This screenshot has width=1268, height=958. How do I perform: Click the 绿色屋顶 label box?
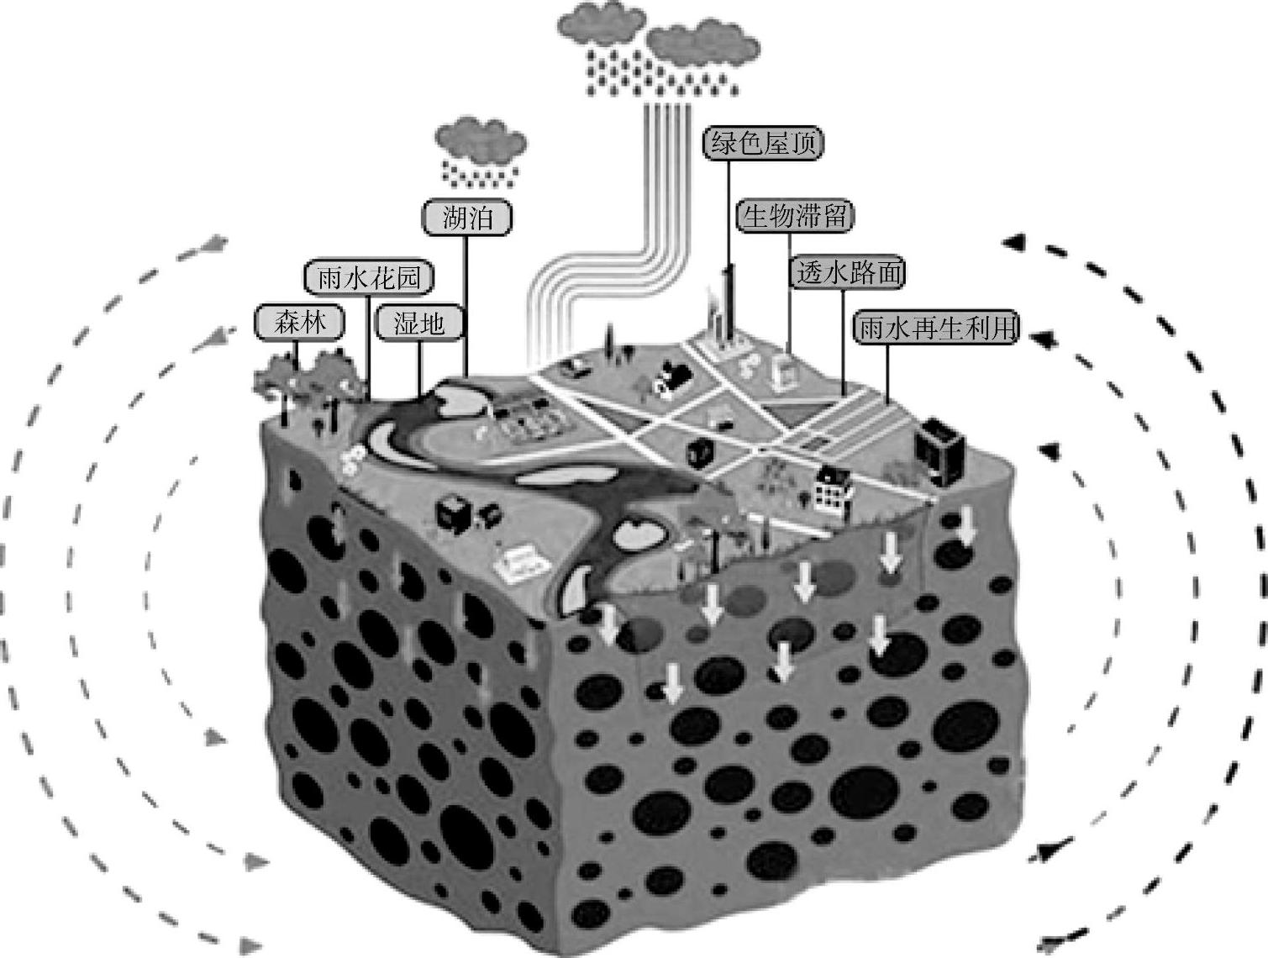pos(762,143)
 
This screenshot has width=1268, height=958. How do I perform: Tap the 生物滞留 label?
pos(794,217)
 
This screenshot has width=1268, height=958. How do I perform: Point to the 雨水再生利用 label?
pos(936,328)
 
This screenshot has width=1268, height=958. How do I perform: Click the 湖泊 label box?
pos(467,218)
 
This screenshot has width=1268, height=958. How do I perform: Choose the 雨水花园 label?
pos(369,277)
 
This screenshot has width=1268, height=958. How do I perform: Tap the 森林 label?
pos(300,322)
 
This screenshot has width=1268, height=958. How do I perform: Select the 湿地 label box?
pos(418,323)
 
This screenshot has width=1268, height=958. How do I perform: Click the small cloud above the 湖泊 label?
pos(481,140)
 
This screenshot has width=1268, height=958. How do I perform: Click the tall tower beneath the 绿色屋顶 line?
pos(728,307)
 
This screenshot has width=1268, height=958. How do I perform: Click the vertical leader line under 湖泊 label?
pos(466,303)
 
